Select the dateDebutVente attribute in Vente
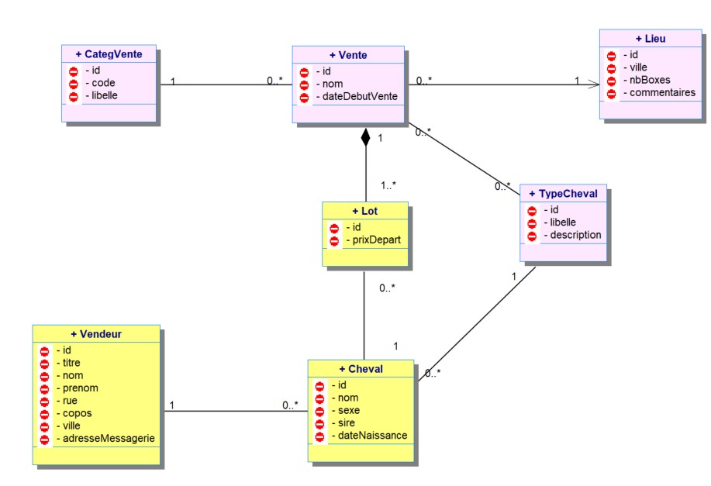(358, 97)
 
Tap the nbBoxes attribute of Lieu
(650, 80)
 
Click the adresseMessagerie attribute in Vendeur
(105, 439)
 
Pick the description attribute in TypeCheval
(573, 235)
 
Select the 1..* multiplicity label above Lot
(391, 185)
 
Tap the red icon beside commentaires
(611, 93)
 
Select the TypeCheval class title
(563, 193)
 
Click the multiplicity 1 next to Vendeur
(171, 405)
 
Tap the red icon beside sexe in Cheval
(321, 410)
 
